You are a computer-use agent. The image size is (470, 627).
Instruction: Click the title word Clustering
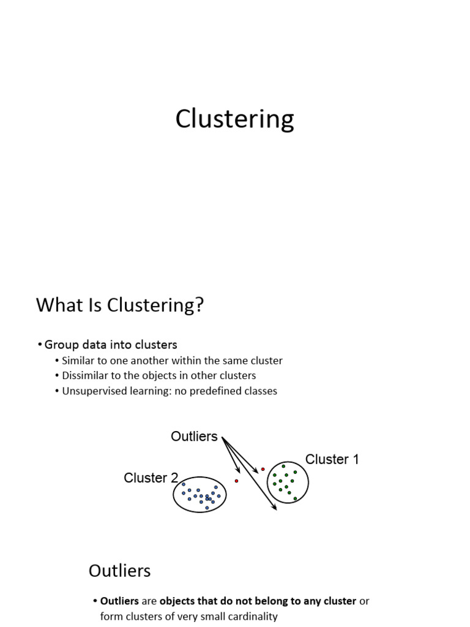[234, 119]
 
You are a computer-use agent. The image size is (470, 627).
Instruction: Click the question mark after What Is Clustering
[198, 305]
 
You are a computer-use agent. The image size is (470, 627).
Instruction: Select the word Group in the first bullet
[59, 345]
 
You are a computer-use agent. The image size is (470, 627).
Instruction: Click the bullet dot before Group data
[40, 345]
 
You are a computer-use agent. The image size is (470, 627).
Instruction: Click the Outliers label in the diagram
[194, 437]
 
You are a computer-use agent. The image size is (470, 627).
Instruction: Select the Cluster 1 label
[332, 459]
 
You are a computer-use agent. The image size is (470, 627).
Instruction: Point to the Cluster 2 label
[151, 478]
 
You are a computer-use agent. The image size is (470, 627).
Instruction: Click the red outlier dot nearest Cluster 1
[263, 470]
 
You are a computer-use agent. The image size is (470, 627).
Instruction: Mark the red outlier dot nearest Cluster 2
[237, 481]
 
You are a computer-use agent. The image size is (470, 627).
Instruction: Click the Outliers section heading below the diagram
[119, 571]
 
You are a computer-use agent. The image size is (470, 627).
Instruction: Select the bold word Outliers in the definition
[119, 601]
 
